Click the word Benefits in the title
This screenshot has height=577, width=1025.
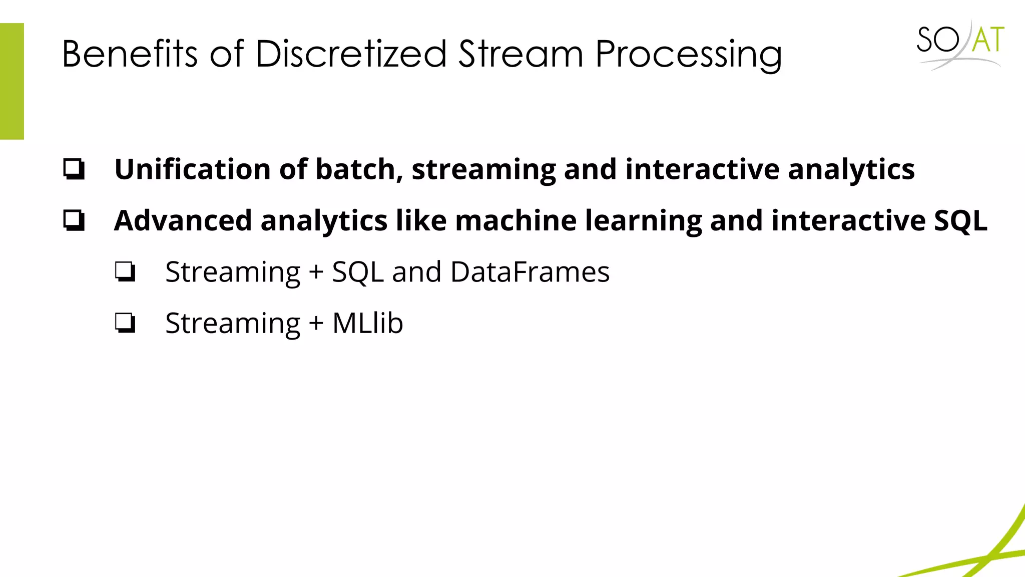[130, 54]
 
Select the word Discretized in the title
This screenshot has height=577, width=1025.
[351, 54]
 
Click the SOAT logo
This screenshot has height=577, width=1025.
[960, 44]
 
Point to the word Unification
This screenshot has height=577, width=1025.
[193, 169]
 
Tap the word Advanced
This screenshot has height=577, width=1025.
[183, 220]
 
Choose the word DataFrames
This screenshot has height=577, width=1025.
[530, 272]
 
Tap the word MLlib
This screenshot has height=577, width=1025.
[368, 323]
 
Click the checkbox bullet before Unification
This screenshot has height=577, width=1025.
[74, 169]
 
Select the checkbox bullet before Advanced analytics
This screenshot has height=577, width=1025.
[74, 220]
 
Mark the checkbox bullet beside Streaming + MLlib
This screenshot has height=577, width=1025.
[125, 323]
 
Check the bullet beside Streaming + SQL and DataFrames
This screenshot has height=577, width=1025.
[125, 272]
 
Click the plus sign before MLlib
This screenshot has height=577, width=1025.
[316, 324]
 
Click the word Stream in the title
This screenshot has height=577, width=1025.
[521, 54]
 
